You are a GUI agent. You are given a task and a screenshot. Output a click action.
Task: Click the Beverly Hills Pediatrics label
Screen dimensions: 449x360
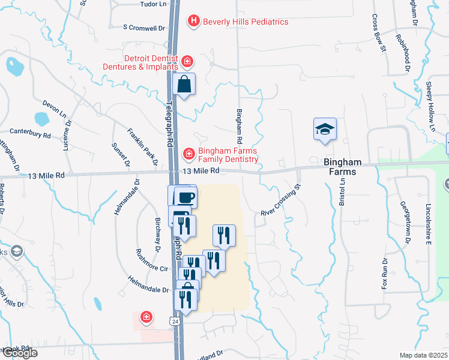(x=246, y=22)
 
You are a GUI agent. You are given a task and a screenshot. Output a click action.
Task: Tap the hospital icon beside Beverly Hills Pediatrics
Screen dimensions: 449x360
(x=193, y=22)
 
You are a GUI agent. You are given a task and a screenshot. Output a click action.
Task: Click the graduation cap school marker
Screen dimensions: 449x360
(x=325, y=129)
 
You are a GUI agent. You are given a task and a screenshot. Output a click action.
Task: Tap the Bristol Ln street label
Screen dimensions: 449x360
(x=342, y=189)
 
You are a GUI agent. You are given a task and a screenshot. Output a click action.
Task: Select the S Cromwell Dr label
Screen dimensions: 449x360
(x=143, y=28)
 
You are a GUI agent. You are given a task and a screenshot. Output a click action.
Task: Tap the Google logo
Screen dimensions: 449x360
(x=19, y=353)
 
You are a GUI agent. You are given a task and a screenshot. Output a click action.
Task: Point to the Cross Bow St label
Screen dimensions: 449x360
(x=378, y=34)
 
